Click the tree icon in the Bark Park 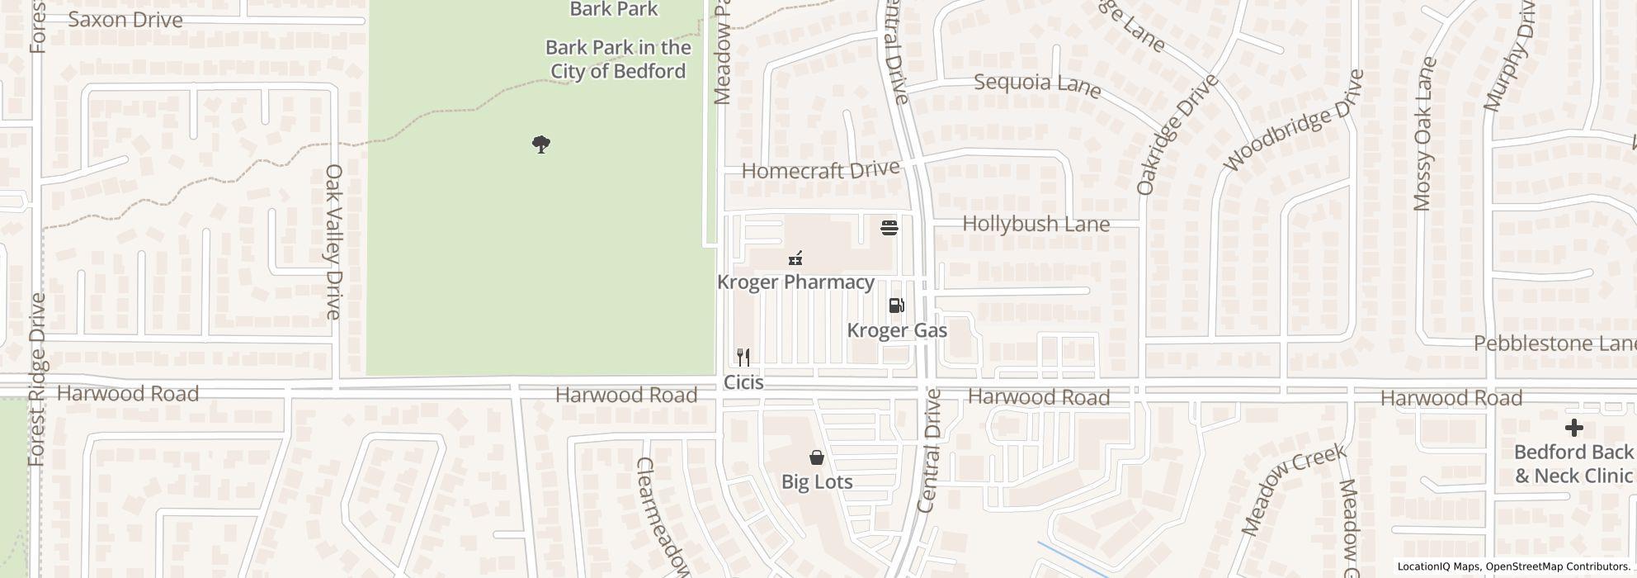pos(540,145)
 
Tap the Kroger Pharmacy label pos(795,282)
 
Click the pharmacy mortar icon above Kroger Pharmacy pos(795,258)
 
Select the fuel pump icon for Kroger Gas pos(896,306)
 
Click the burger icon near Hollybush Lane pos(889,227)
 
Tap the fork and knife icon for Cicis pos(743,358)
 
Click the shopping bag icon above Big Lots pos(816,457)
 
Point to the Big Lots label pos(817,481)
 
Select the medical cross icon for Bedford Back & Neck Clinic pos(1573,428)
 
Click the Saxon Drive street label pos(125,20)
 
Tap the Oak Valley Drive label pos(333,241)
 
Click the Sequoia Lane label pos(1037,84)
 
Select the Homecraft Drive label pos(820,170)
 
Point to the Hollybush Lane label pos(1036,224)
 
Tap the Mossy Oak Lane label pos(1424,134)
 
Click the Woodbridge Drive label pos(1293,121)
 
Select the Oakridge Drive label pos(1177,135)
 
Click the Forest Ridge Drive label pos(37,380)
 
